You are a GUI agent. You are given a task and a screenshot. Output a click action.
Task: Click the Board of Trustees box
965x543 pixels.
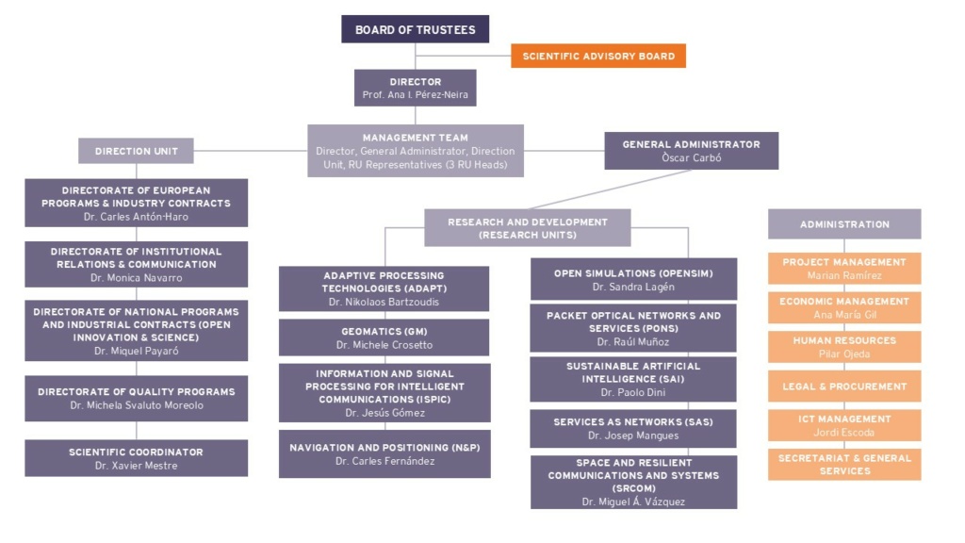(416, 29)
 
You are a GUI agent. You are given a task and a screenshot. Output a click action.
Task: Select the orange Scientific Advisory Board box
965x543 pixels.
(598, 56)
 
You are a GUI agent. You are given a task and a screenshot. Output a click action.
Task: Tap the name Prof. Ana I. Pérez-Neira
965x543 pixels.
(416, 95)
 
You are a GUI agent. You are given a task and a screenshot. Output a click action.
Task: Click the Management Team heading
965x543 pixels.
(416, 138)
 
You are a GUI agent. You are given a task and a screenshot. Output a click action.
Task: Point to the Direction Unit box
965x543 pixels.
(136, 151)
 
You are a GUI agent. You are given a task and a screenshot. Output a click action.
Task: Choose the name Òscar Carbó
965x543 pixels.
(692, 158)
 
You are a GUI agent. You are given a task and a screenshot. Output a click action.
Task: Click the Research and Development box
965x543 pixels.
(528, 228)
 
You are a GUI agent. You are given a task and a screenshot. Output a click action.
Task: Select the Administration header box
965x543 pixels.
(844, 224)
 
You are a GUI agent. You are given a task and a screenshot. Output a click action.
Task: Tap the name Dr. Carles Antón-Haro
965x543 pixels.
(136, 217)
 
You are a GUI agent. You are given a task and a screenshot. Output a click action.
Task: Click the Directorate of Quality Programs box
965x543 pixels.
(136, 399)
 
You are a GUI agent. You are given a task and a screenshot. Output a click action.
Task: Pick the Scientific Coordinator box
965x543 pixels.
(136, 458)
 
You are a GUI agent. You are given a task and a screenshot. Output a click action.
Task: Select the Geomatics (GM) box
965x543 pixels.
(384, 337)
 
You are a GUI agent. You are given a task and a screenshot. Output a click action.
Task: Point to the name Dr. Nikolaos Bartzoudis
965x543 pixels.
(384, 303)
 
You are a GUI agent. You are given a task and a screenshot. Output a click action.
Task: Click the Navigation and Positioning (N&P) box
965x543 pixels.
(384, 454)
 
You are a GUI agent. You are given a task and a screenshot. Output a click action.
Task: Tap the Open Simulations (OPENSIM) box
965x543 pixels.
(633, 279)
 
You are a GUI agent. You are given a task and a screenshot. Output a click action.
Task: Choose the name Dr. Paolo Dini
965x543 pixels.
(633, 393)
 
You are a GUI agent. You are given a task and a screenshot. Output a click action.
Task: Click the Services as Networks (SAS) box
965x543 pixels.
(633, 429)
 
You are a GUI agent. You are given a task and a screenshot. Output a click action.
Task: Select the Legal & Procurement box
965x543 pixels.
(844, 387)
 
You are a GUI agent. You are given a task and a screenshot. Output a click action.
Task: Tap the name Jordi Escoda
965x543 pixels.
(843, 433)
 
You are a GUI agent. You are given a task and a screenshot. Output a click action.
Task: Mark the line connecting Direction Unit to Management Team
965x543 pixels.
(251, 150)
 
